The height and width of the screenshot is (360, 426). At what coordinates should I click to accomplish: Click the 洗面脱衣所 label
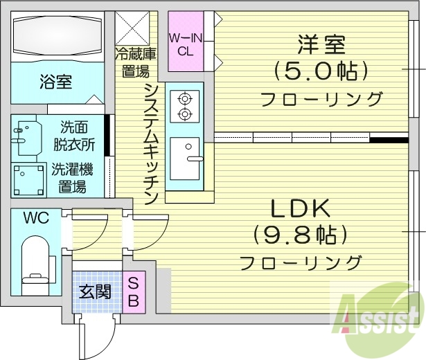[x=78, y=136]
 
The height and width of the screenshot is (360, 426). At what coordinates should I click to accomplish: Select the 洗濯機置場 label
[x=71, y=177]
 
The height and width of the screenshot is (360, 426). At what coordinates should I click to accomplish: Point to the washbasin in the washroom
[x=28, y=137]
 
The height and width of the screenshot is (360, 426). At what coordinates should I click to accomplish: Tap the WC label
[x=35, y=218]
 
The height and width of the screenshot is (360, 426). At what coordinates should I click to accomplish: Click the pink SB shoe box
[x=135, y=291]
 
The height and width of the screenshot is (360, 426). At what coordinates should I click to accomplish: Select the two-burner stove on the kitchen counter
[x=185, y=106]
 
